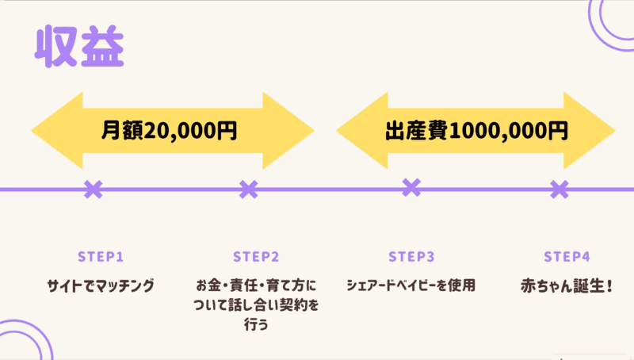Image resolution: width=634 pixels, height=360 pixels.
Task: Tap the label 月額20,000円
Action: (x=170, y=130)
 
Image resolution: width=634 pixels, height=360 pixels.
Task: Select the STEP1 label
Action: (x=101, y=257)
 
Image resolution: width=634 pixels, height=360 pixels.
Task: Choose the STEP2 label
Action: (x=256, y=257)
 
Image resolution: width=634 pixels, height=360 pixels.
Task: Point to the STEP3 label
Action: (x=411, y=257)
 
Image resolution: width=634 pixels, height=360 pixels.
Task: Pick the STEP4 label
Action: (x=567, y=257)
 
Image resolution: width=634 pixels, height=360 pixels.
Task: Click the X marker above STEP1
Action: (x=94, y=189)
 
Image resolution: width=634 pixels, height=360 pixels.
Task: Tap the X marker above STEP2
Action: (x=249, y=189)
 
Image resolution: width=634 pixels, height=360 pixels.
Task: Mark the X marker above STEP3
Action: (x=411, y=187)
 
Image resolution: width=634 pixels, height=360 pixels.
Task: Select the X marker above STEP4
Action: (x=560, y=189)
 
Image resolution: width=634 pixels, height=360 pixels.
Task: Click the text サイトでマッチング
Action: (x=101, y=285)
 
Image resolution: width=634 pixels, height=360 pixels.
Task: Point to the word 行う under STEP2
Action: (x=256, y=325)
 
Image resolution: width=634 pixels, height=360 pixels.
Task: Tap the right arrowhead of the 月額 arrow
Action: (x=289, y=130)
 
